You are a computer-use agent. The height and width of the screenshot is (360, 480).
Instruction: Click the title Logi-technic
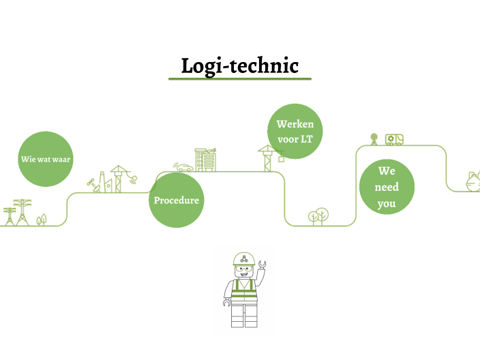click(239, 66)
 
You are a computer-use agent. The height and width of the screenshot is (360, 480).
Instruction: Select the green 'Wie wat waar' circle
click(46, 159)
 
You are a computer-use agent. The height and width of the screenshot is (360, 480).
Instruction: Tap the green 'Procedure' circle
click(177, 200)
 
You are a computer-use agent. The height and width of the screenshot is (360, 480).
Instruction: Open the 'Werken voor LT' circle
click(295, 132)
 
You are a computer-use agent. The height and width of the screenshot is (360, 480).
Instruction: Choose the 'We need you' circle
click(387, 187)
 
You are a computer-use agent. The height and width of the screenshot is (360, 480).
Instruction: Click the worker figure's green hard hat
click(243, 259)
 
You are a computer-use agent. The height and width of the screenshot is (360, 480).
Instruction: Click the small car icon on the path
click(183, 167)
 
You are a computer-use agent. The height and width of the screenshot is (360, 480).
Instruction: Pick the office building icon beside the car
click(205, 160)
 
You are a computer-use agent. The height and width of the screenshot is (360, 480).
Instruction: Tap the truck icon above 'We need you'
click(394, 139)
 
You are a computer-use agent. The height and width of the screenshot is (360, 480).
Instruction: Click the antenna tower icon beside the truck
click(374, 138)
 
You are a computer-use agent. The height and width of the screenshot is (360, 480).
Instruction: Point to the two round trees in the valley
click(317, 217)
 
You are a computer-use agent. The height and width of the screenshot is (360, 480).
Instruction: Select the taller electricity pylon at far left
click(24, 211)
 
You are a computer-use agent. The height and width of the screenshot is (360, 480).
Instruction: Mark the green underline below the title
click(239, 79)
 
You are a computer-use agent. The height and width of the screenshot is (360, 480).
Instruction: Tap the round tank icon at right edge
click(472, 181)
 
